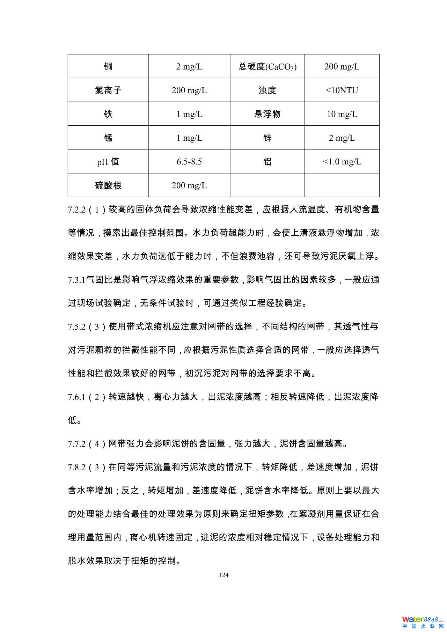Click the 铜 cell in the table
pos(108,66)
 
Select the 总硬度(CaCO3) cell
pos(268,66)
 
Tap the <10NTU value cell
pos(342,90)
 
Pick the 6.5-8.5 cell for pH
pos(189,161)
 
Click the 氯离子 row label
pos(108,90)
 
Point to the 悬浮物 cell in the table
pos(268,114)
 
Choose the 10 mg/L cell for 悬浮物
pos(342,114)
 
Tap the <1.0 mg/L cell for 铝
pos(342,161)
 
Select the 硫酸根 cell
pos(108,185)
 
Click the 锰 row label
pos(108,138)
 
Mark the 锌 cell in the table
pos(268,138)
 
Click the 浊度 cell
pos(268,90)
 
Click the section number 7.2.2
pos(77,210)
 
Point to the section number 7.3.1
pos(76,280)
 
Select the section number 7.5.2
pos(77,327)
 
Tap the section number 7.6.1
pos(77,397)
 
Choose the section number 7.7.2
pos(77,444)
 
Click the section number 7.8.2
pos(77,467)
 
